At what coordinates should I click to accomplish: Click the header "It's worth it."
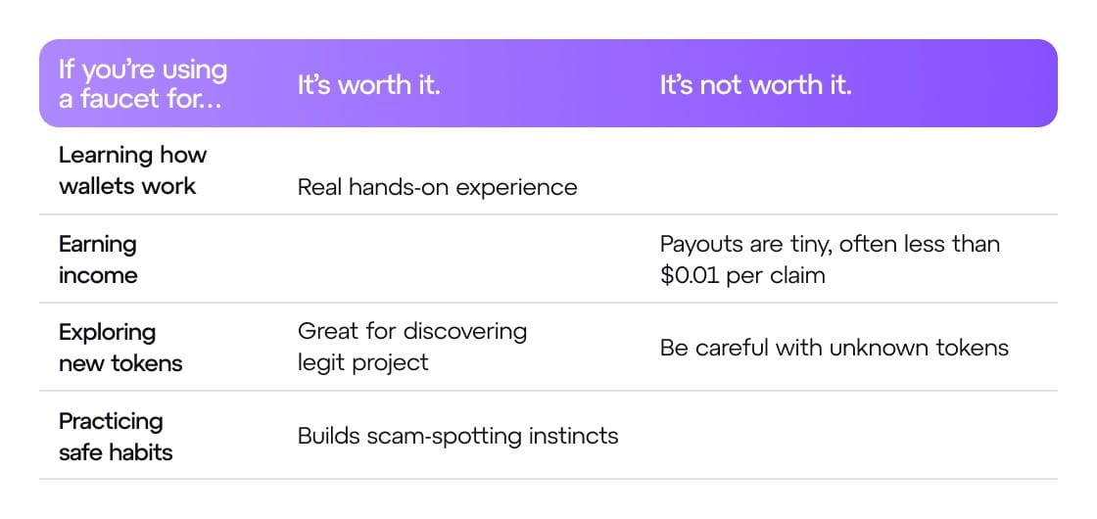pyautogui.click(x=368, y=84)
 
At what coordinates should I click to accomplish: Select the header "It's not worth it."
pyautogui.click(x=755, y=84)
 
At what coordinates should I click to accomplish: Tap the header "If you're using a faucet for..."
pyautogui.click(x=143, y=84)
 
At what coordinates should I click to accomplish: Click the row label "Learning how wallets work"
pyautogui.click(x=133, y=170)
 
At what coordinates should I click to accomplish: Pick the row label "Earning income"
pyautogui.click(x=98, y=259)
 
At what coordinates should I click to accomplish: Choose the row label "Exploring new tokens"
pyautogui.click(x=120, y=348)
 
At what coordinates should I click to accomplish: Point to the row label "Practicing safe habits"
pyautogui.click(x=116, y=437)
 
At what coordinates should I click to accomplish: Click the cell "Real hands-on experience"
pyautogui.click(x=437, y=187)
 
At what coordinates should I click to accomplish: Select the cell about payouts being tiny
pyautogui.click(x=830, y=259)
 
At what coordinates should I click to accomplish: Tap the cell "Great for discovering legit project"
pyautogui.click(x=412, y=347)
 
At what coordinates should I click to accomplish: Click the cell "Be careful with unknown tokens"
pyautogui.click(x=834, y=348)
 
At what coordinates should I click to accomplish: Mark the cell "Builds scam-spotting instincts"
pyautogui.click(x=458, y=436)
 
